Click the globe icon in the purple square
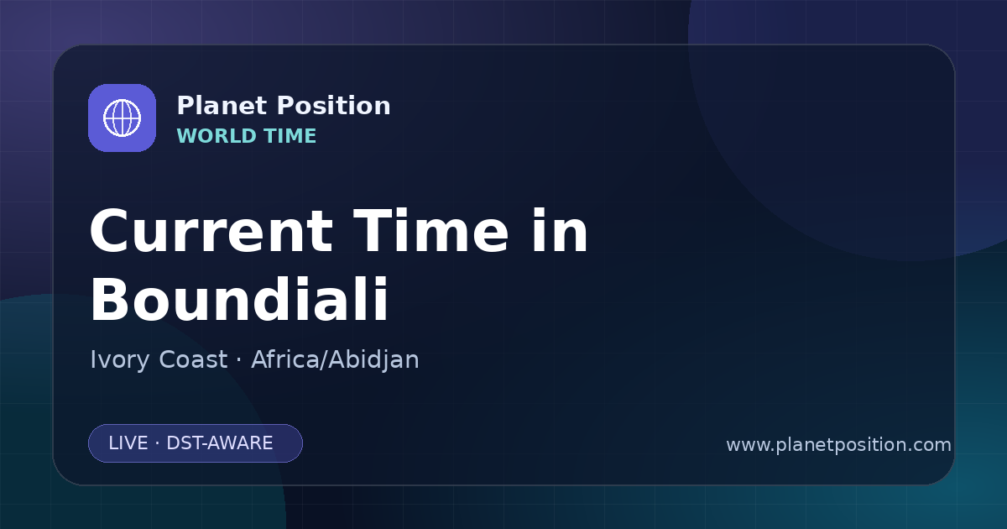[122, 118]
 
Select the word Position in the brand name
[334, 106]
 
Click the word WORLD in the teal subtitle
[216, 136]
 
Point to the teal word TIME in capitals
[290, 136]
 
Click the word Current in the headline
[211, 231]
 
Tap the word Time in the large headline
[430, 231]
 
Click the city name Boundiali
[239, 299]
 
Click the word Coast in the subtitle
[193, 359]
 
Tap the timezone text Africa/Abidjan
[335, 360]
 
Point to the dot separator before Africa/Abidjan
[238, 360]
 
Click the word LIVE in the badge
[128, 443]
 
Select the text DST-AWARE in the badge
[219, 443]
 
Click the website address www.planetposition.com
[838, 445]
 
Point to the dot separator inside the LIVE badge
[158, 443]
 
